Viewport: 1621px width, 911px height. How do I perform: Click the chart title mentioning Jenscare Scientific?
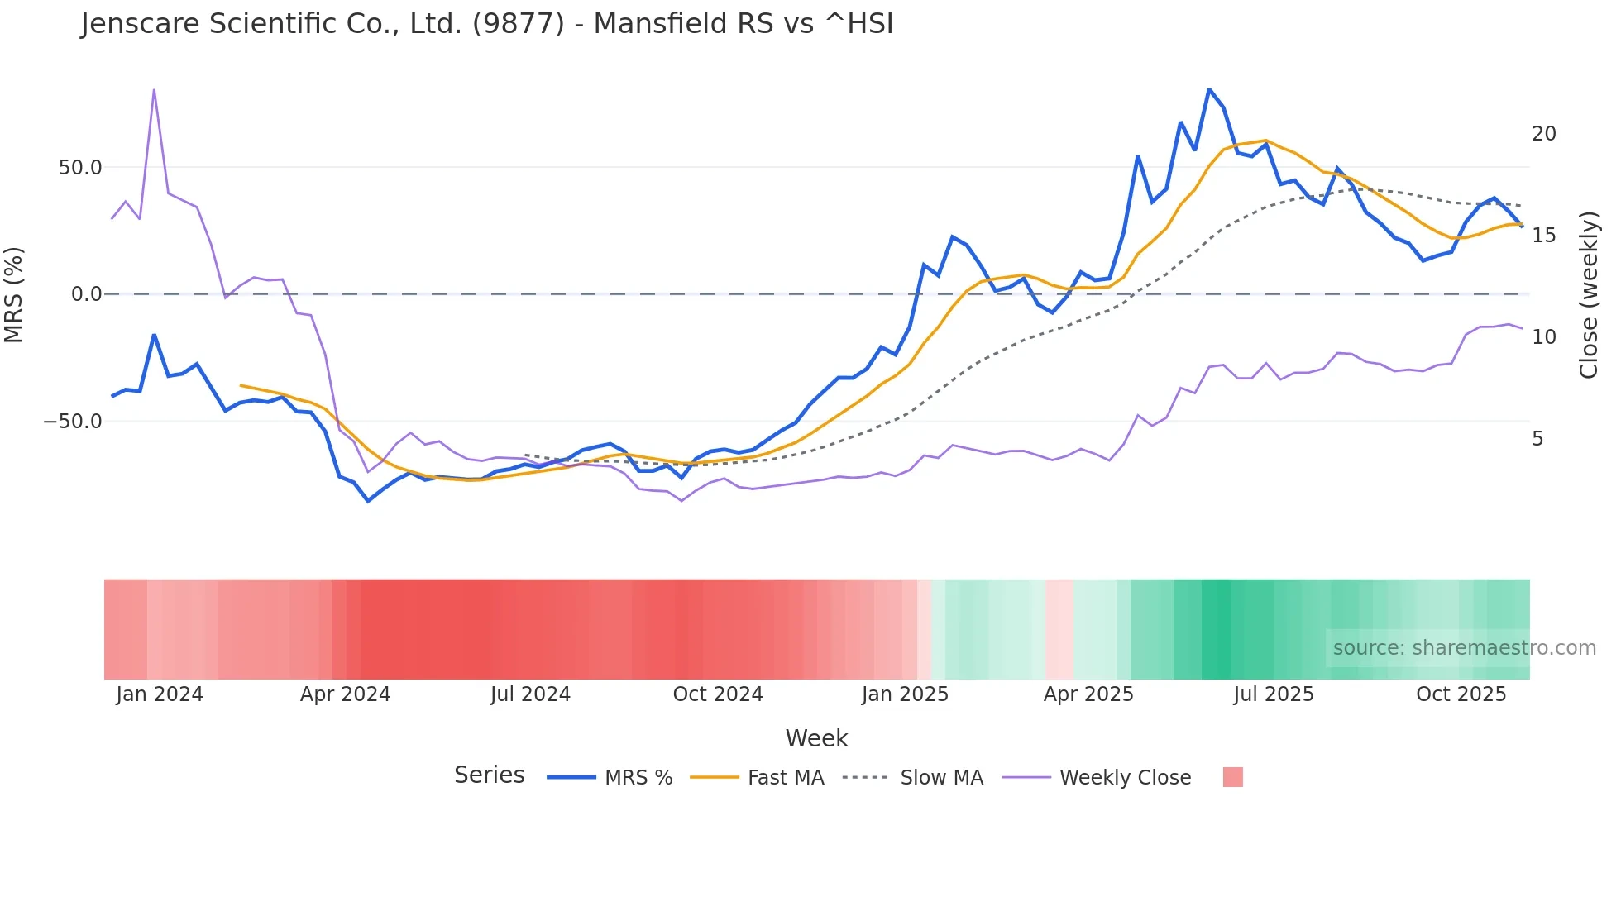point(486,24)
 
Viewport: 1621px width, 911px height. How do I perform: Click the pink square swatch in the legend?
point(1232,777)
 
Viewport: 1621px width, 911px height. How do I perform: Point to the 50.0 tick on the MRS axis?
point(79,168)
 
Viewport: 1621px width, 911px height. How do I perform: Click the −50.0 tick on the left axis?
point(73,422)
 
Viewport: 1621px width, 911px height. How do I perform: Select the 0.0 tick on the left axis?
point(86,294)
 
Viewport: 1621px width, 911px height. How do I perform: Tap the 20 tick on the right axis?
point(1543,134)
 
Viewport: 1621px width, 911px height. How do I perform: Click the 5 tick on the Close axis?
point(1537,439)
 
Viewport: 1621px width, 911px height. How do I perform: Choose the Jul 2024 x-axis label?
point(530,694)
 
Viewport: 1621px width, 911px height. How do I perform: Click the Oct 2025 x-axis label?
point(1461,694)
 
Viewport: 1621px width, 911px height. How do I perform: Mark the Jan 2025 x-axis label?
point(905,694)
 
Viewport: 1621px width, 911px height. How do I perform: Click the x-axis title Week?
point(816,738)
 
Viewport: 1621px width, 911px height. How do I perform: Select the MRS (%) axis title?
point(14,294)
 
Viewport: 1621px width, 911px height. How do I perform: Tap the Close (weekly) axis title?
point(1588,294)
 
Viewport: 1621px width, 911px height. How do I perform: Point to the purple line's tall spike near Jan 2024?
point(154,90)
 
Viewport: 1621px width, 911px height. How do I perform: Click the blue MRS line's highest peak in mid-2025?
point(1209,89)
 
